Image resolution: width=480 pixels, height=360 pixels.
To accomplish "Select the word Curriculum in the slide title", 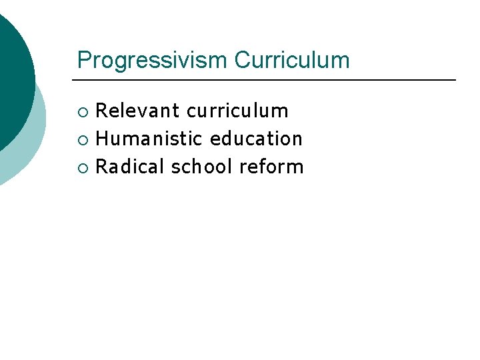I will pyautogui.click(x=291, y=61).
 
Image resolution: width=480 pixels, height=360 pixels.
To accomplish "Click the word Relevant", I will pyautogui.click(x=138, y=111).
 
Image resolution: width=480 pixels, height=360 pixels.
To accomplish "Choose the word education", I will pyautogui.click(x=256, y=139).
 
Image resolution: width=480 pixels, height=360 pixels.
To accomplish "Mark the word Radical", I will pyautogui.click(x=130, y=167).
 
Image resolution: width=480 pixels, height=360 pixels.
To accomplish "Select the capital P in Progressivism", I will pyautogui.click(x=83, y=61).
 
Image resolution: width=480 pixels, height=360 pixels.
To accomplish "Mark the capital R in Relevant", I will pyautogui.click(x=102, y=111).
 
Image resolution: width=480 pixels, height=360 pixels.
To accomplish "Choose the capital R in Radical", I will pyautogui.click(x=102, y=167).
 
